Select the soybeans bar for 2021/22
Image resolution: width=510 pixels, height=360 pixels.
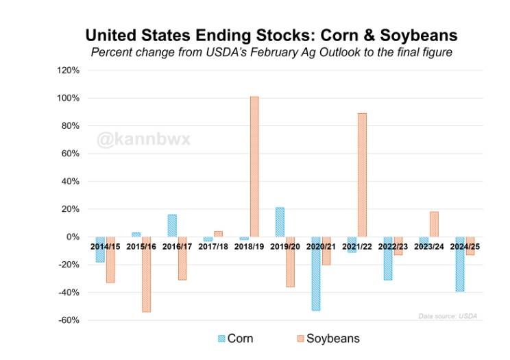pyautogui.click(x=362, y=175)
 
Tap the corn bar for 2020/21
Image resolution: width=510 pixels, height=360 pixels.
pyautogui.click(x=315, y=274)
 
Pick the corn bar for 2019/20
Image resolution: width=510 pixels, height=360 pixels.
pyautogui.click(x=280, y=222)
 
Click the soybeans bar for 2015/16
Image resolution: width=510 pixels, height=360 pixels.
pyautogui.click(x=146, y=274)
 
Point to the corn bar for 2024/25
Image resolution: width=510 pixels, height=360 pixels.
pyautogui.click(x=460, y=264)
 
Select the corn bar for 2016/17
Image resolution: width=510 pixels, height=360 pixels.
pyautogui.click(x=172, y=226)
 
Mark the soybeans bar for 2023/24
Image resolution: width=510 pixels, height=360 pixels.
pyautogui.click(x=434, y=224)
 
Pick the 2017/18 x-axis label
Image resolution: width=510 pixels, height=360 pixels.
pyautogui.click(x=213, y=246)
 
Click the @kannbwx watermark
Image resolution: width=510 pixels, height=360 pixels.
pyautogui.click(x=143, y=141)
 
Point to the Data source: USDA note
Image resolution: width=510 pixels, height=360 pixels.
pyautogui.click(x=448, y=316)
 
